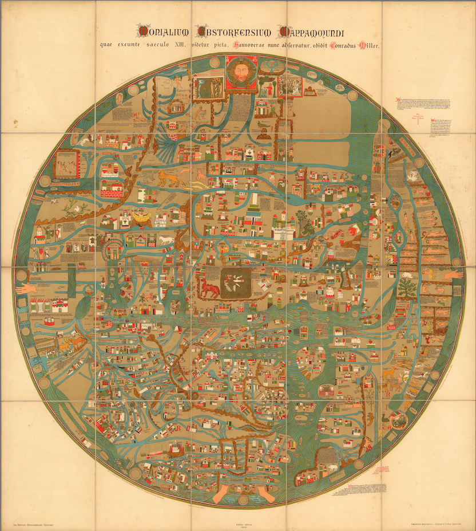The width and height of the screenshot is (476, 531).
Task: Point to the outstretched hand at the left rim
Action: (26, 288)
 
